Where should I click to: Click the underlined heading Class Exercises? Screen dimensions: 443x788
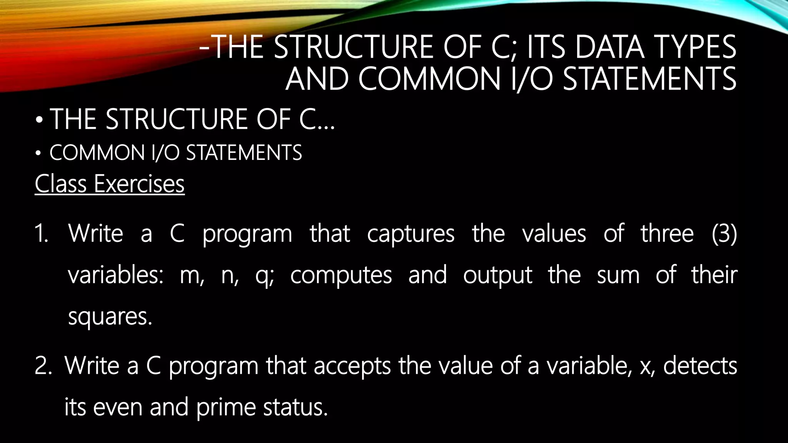pos(110,184)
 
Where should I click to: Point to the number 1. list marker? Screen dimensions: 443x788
pos(41,234)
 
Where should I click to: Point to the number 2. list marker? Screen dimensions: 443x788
pos(43,366)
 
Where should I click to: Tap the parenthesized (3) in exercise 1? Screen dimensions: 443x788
pos(724,234)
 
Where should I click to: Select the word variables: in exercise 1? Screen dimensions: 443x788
pos(116,275)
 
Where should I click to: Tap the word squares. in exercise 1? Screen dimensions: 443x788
pos(110,318)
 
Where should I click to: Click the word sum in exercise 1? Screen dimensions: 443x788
pos(618,276)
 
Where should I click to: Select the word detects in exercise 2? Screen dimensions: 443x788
pos(700,365)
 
